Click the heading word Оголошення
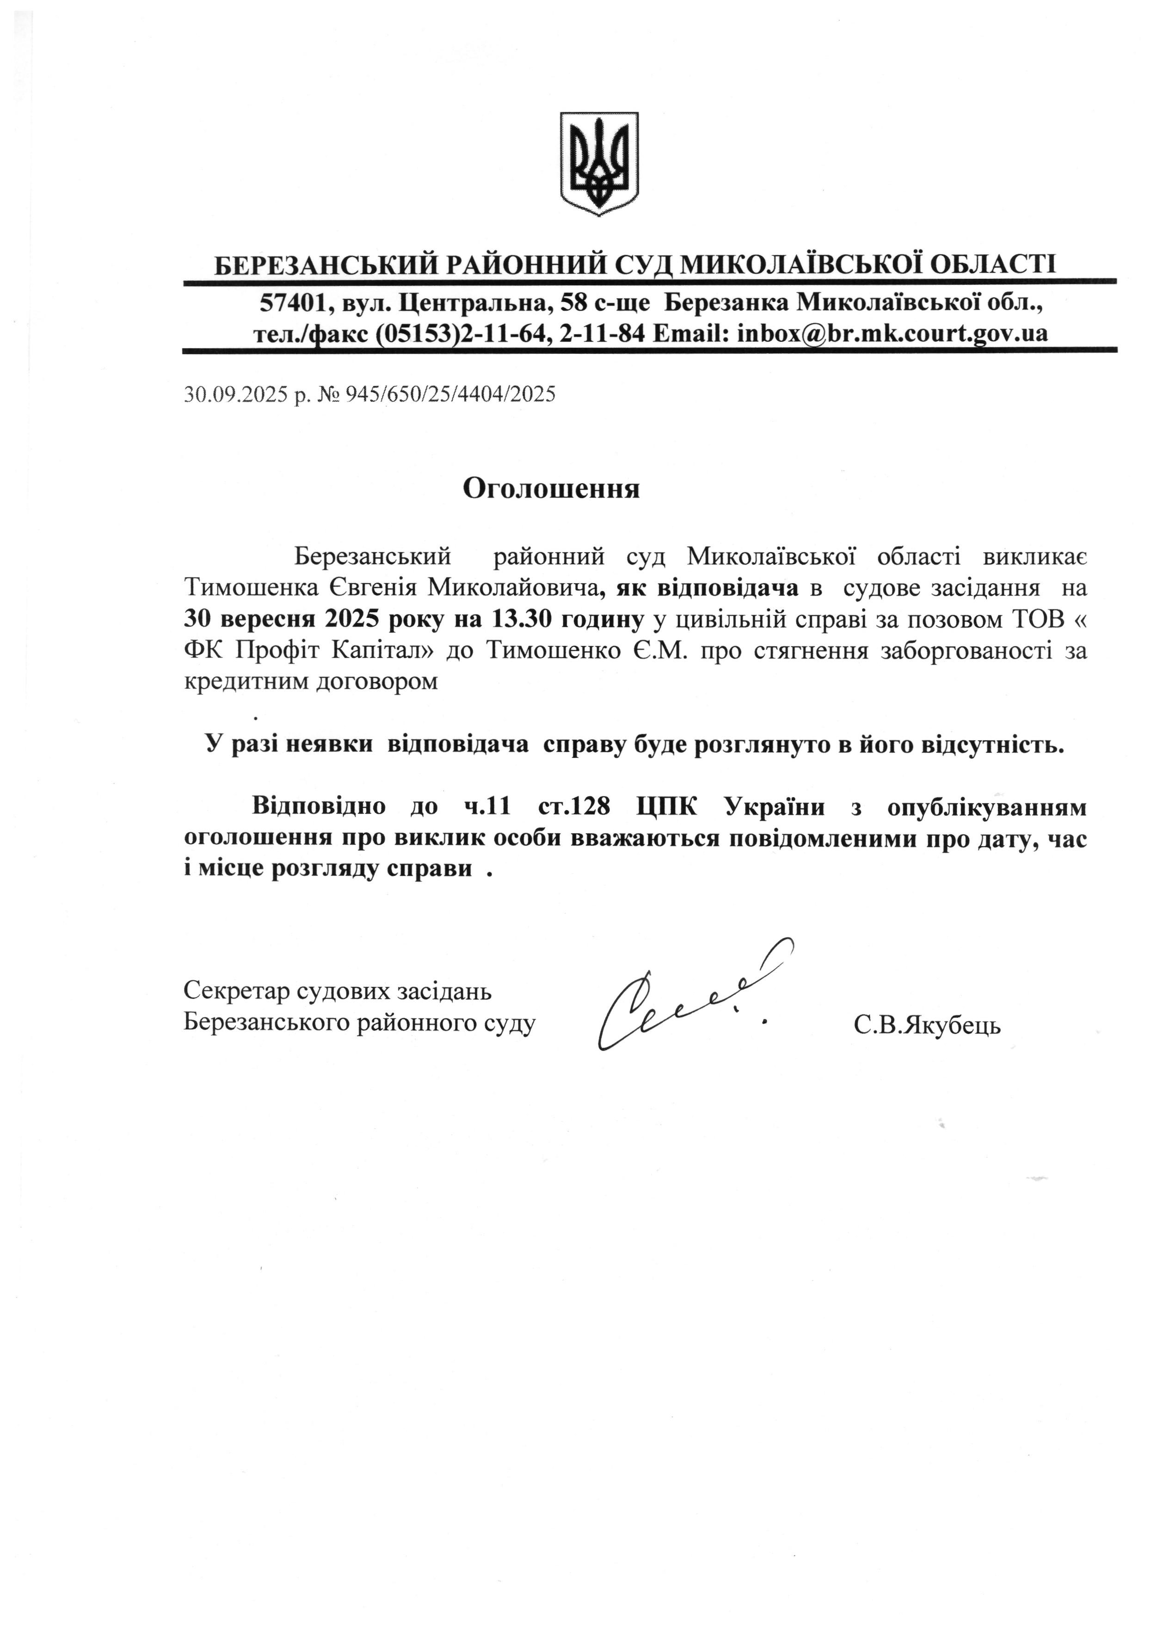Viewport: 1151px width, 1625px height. (x=551, y=488)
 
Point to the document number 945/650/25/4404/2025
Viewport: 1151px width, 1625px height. (x=450, y=394)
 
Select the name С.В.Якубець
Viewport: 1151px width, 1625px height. (x=927, y=1025)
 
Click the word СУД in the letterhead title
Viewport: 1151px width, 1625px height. (x=643, y=265)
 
